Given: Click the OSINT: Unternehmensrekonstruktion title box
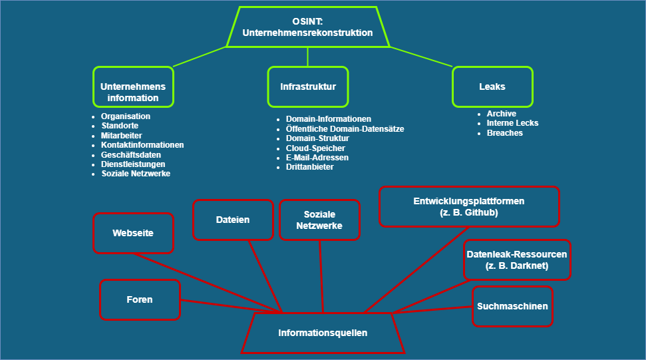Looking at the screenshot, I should click(x=307, y=27).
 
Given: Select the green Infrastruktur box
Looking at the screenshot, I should click(x=307, y=87).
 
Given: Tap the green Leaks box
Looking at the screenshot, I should click(x=492, y=87).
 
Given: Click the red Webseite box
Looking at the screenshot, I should click(x=133, y=233).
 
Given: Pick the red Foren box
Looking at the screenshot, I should click(x=140, y=299).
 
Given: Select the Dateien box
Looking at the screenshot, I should click(x=233, y=220).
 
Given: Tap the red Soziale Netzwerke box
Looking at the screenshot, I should click(x=319, y=220).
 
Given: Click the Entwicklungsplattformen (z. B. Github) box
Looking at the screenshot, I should click(x=469, y=207).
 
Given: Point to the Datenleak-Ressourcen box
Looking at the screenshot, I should click(x=517, y=260).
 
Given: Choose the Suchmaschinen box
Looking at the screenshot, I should click(x=512, y=306).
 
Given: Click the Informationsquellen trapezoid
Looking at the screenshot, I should click(x=323, y=333).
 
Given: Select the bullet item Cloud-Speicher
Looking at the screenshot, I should click(x=315, y=148).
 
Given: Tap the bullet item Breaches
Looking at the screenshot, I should click(x=504, y=133).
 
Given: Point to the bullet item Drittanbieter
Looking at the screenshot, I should click(x=309, y=167).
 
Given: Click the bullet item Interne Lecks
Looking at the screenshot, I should click(x=512, y=123).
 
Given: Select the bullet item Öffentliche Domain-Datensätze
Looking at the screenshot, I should click(x=345, y=128).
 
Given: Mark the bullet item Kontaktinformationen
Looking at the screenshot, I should click(x=142, y=144).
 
